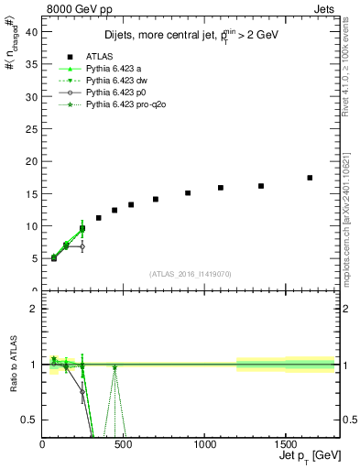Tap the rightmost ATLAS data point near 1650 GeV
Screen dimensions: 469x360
click(310, 178)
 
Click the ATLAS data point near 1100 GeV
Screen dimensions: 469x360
click(221, 188)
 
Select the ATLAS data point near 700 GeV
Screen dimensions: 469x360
click(156, 199)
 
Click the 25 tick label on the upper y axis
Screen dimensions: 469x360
click(32, 128)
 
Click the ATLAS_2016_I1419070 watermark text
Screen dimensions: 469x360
click(189, 273)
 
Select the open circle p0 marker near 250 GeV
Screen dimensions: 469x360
click(82, 246)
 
